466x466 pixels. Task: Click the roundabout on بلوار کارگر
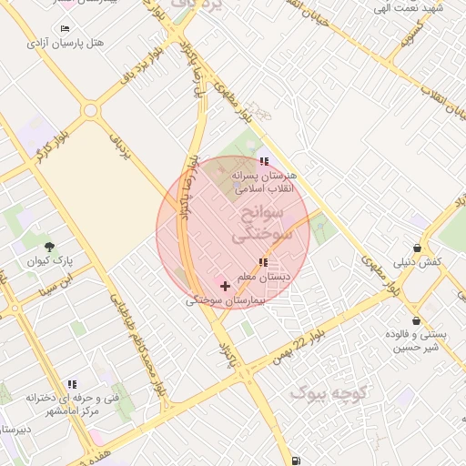(89, 111)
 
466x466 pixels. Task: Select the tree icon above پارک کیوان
(49, 247)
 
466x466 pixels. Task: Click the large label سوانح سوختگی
(258, 223)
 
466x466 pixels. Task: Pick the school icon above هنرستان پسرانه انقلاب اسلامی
(264, 161)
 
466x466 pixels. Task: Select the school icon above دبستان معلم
(263, 262)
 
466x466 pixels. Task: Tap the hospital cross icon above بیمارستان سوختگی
(225, 286)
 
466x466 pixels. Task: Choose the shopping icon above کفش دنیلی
(417, 248)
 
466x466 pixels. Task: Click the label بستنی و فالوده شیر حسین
(416, 340)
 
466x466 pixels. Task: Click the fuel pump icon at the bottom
(298, 461)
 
